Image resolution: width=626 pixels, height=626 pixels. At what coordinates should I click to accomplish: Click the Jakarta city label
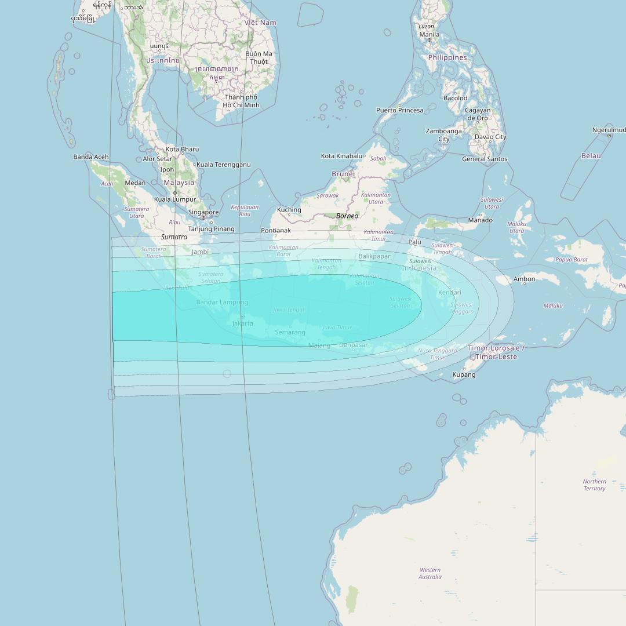[x=242, y=323]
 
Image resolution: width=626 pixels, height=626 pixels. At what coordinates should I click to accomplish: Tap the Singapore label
[x=203, y=212]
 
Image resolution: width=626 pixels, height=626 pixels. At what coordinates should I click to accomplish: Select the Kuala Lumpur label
[x=175, y=199]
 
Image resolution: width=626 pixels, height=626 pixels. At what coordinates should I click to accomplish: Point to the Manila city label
[x=429, y=34]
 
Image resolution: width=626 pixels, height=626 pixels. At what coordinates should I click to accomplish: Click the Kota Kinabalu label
[x=341, y=156]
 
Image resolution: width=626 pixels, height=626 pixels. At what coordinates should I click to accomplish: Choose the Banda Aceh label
[x=91, y=157]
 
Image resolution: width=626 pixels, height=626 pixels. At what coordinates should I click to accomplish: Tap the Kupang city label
[x=464, y=374]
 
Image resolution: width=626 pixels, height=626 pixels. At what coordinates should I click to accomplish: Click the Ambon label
[x=524, y=279]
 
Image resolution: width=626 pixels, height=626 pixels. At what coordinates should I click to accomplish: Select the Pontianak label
[x=276, y=231]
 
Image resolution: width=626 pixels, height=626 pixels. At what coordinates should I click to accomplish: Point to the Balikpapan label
[x=375, y=256]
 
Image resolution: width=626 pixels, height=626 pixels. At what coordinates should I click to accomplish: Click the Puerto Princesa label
[x=399, y=110]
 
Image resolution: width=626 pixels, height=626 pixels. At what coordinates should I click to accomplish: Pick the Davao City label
[x=490, y=137]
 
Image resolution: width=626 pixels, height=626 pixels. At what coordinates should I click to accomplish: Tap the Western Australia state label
[x=430, y=573]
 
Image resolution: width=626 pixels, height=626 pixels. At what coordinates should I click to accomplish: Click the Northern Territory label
[x=595, y=485]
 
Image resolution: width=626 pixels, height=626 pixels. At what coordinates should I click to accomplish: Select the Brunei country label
[x=343, y=174]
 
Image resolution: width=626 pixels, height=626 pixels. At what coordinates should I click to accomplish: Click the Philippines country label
[x=447, y=58]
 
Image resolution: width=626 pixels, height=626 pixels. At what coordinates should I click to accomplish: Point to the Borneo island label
[x=347, y=216]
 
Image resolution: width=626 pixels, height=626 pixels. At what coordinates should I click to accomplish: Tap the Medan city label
[x=135, y=183]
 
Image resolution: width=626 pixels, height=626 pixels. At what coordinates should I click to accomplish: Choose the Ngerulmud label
[x=609, y=130]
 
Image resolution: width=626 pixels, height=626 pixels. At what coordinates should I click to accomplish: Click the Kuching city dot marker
[x=289, y=214]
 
